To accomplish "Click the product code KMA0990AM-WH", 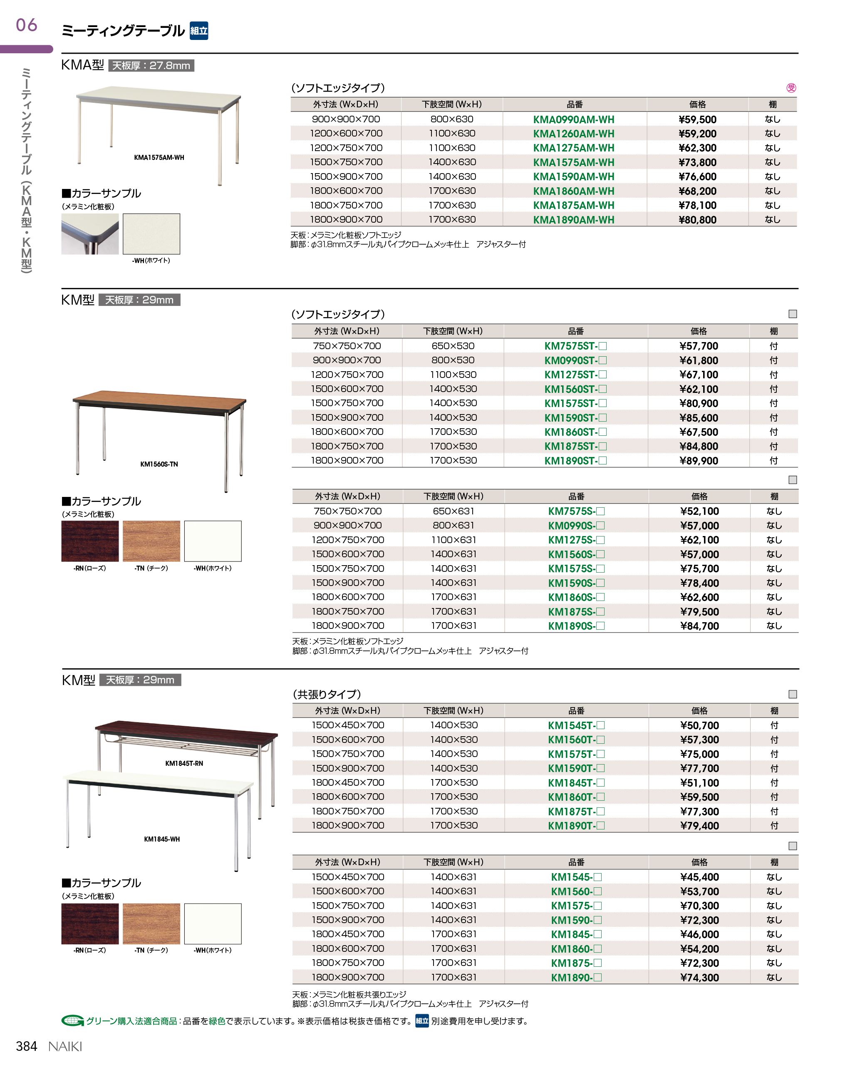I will (x=573, y=119).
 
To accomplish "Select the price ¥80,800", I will (x=697, y=220).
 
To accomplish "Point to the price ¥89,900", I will (x=699, y=461).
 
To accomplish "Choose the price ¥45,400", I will (x=699, y=877).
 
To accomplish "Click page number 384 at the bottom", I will (x=26, y=1046).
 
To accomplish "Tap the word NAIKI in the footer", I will (x=65, y=1046).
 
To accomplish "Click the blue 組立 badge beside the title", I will (x=198, y=31).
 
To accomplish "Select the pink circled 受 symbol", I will (x=791, y=88).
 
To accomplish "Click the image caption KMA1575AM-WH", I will (x=159, y=158).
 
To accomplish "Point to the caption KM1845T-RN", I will (x=184, y=763).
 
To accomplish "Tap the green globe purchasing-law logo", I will (x=72, y=1020).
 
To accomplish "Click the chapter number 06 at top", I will (x=26, y=25).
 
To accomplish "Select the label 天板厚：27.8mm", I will (x=151, y=65).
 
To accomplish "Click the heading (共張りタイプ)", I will (x=327, y=694).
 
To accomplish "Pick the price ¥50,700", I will (x=699, y=725).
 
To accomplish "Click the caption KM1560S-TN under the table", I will (x=159, y=464).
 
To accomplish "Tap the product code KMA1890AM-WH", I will (x=573, y=220).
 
